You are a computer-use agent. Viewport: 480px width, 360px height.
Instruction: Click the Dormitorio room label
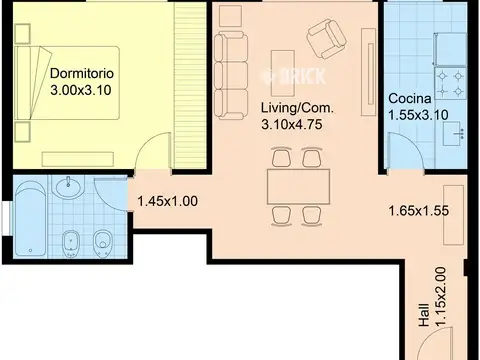[82, 73]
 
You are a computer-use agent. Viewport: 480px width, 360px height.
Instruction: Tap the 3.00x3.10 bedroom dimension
[81, 90]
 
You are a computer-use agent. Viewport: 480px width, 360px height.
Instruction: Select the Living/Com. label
[297, 108]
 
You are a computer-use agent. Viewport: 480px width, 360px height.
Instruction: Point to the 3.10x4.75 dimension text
[292, 124]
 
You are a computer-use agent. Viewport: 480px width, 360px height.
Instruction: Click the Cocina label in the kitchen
[410, 98]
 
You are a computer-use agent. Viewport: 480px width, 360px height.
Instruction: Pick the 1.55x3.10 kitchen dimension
[418, 115]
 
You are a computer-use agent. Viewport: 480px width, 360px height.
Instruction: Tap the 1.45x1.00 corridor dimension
[167, 201]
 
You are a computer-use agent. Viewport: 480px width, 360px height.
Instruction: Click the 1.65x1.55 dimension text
[419, 211]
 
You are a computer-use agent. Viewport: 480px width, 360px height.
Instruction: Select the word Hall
[424, 315]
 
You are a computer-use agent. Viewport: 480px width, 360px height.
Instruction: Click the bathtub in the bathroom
[30, 218]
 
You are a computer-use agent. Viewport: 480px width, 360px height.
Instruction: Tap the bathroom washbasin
[69, 188]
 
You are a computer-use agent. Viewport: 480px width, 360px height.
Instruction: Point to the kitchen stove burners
[450, 83]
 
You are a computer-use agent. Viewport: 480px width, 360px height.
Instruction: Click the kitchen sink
[455, 133]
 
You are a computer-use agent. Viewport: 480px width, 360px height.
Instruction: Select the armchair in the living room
[327, 39]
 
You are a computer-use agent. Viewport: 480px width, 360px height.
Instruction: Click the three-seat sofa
[231, 76]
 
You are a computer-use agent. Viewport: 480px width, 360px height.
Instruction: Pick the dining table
[298, 187]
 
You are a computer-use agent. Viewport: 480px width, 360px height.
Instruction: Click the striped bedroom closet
[189, 85]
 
